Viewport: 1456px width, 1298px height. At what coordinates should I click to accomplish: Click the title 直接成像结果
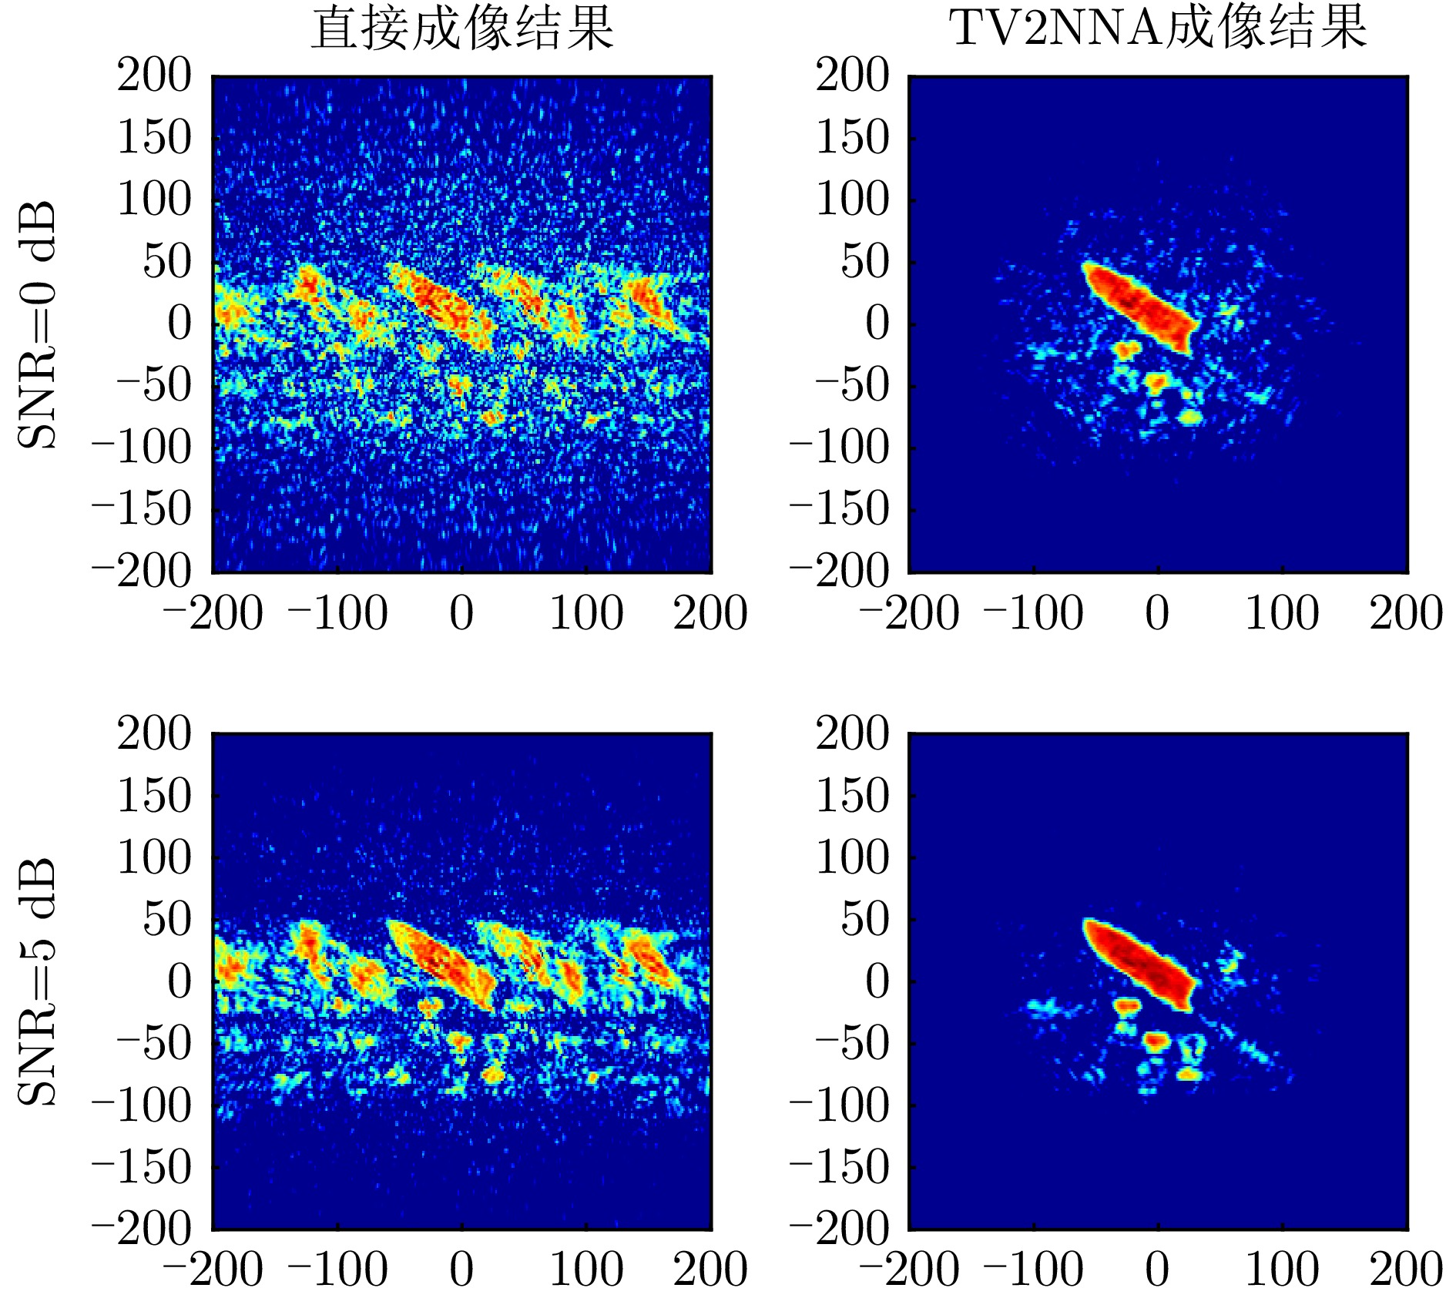(x=462, y=29)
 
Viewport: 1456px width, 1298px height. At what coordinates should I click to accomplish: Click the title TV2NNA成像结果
(x=1159, y=29)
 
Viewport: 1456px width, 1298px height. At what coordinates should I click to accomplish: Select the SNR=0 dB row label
(x=37, y=324)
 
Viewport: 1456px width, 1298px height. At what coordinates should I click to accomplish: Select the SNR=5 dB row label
(x=37, y=981)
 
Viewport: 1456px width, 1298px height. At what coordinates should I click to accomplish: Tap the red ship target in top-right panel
(x=1140, y=307)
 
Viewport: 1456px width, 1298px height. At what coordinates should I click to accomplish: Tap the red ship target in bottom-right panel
(x=1140, y=964)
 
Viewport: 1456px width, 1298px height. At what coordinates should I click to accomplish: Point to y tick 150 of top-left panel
(x=154, y=139)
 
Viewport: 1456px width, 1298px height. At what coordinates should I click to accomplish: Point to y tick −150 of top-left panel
(x=142, y=509)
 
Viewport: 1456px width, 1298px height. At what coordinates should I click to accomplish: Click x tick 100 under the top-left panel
(x=586, y=614)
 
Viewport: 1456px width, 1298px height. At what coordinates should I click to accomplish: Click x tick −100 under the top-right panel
(x=1034, y=614)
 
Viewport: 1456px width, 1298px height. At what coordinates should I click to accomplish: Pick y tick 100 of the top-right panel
(x=852, y=200)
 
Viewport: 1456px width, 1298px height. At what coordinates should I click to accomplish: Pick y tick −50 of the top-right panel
(x=852, y=386)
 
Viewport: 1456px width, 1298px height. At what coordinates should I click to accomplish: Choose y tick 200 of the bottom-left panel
(x=154, y=733)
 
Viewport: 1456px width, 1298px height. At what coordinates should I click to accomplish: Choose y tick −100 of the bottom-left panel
(x=142, y=1105)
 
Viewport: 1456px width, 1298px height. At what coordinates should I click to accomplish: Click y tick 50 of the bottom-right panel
(x=864, y=919)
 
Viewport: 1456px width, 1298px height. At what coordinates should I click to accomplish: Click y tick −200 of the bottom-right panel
(x=840, y=1229)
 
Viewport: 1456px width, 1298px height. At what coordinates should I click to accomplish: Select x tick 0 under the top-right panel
(x=1158, y=614)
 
